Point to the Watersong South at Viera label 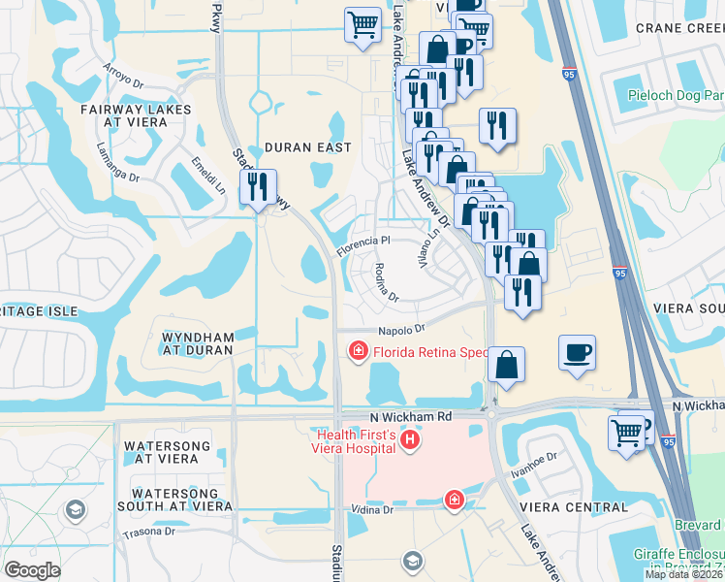pyautogui.click(x=174, y=499)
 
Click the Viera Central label pyautogui.click(x=574, y=507)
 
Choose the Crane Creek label pyautogui.click(x=679, y=28)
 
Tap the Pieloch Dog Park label pyautogui.click(x=676, y=96)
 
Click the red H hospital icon pyautogui.click(x=410, y=441)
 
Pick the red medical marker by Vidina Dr pyautogui.click(x=453, y=500)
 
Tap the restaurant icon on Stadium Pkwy pyautogui.click(x=258, y=186)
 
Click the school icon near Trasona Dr pyautogui.click(x=76, y=509)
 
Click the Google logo pyautogui.click(x=33, y=570)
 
